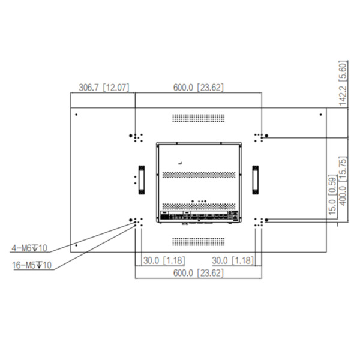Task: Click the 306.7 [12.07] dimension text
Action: tap(103, 88)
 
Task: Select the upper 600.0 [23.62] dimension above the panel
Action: tap(198, 88)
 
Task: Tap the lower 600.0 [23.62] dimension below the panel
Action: tap(198, 272)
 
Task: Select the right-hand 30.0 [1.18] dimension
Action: tap(234, 260)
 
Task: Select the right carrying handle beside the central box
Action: tap(256, 179)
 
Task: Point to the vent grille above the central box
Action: tap(198, 118)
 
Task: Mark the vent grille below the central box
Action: tap(198, 241)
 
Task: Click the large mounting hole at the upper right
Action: tap(266, 136)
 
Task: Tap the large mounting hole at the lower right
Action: tap(266, 220)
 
